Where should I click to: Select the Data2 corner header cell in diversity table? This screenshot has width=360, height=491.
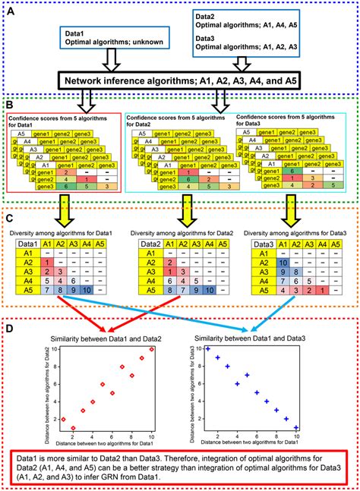pos(147,245)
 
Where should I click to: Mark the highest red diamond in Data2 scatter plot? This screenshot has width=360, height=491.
pos(153,350)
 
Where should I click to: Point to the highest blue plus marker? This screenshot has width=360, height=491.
pos(207,349)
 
